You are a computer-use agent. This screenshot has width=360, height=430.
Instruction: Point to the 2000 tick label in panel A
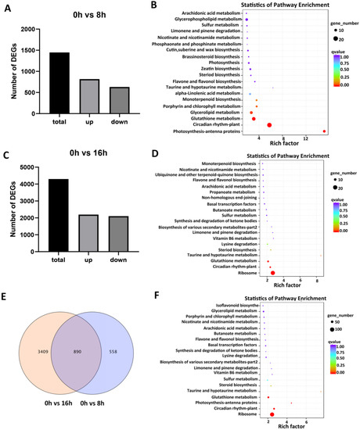(x=34, y=30)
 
